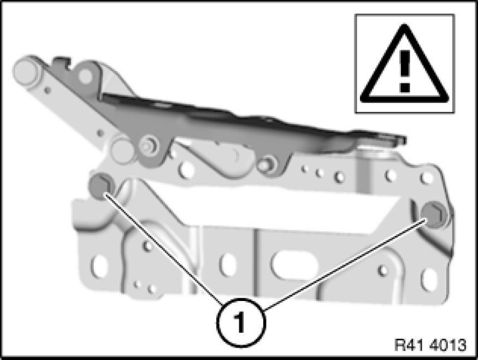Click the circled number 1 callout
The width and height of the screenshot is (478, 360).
click(241, 323)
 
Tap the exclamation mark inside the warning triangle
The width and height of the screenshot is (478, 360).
click(405, 72)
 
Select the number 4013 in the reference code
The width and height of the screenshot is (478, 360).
click(448, 345)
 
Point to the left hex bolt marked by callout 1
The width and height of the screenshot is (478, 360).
click(100, 185)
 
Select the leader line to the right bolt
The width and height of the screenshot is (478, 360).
click(345, 264)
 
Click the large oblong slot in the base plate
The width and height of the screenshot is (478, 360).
click(294, 264)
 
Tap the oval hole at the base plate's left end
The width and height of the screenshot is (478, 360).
click(99, 267)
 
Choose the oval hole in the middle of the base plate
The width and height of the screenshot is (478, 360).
click(228, 264)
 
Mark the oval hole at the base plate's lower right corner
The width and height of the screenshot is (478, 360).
click(429, 280)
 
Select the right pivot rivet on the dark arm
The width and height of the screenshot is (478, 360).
click(266, 163)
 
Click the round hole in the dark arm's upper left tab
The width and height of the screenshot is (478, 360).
click(85, 75)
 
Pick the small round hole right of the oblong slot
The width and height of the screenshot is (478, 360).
click(383, 270)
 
